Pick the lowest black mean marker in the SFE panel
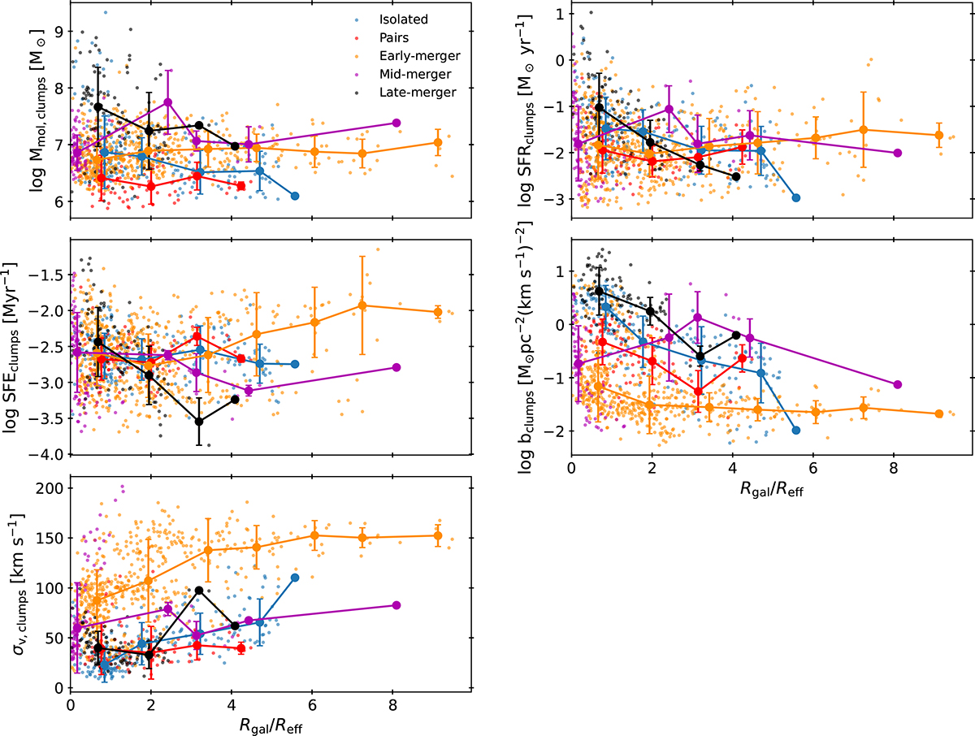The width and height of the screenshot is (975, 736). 199,421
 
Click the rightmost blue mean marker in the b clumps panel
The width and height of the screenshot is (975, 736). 796,430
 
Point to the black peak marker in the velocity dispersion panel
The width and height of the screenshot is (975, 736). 199,590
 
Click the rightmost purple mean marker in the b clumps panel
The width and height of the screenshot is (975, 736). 897,384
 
